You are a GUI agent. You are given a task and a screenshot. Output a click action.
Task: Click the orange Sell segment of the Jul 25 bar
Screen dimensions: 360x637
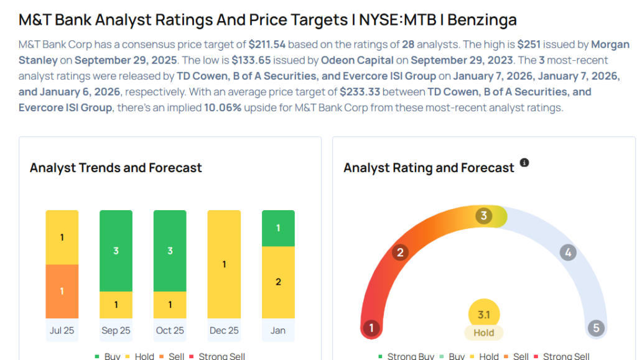pos(62,292)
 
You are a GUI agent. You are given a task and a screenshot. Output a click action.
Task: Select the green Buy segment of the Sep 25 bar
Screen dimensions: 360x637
pos(116,251)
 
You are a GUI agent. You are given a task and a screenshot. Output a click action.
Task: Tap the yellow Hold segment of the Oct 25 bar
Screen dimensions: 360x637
pos(170,305)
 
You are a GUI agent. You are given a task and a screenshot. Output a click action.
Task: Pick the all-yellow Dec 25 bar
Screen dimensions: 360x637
pos(224,264)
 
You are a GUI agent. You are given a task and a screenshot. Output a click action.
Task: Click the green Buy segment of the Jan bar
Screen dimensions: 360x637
pos(278,228)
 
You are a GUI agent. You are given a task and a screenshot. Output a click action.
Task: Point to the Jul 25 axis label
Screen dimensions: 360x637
pos(62,330)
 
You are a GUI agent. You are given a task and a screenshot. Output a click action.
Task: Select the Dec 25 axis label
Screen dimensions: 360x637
pos(224,330)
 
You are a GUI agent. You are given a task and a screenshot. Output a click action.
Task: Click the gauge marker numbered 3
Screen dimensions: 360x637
pos(483,216)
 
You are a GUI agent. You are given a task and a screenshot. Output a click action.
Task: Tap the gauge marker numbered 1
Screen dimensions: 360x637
pos(371,328)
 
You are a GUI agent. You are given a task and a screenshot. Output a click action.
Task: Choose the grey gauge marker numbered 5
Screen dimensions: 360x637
pos(596,328)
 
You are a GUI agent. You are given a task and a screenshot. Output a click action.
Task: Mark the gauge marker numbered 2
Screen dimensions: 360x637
pos(401,252)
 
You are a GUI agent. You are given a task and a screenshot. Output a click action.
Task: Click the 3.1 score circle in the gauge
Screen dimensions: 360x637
pos(483,315)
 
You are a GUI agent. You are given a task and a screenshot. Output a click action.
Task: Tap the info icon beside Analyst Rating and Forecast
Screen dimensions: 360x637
pos(524,163)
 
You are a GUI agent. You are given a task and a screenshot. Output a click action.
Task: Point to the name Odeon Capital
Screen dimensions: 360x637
pos(358,60)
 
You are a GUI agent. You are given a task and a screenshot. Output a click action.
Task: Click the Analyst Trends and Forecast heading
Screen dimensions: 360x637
pos(116,168)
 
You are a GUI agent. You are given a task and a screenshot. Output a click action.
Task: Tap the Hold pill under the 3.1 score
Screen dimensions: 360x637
pos(483,333)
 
